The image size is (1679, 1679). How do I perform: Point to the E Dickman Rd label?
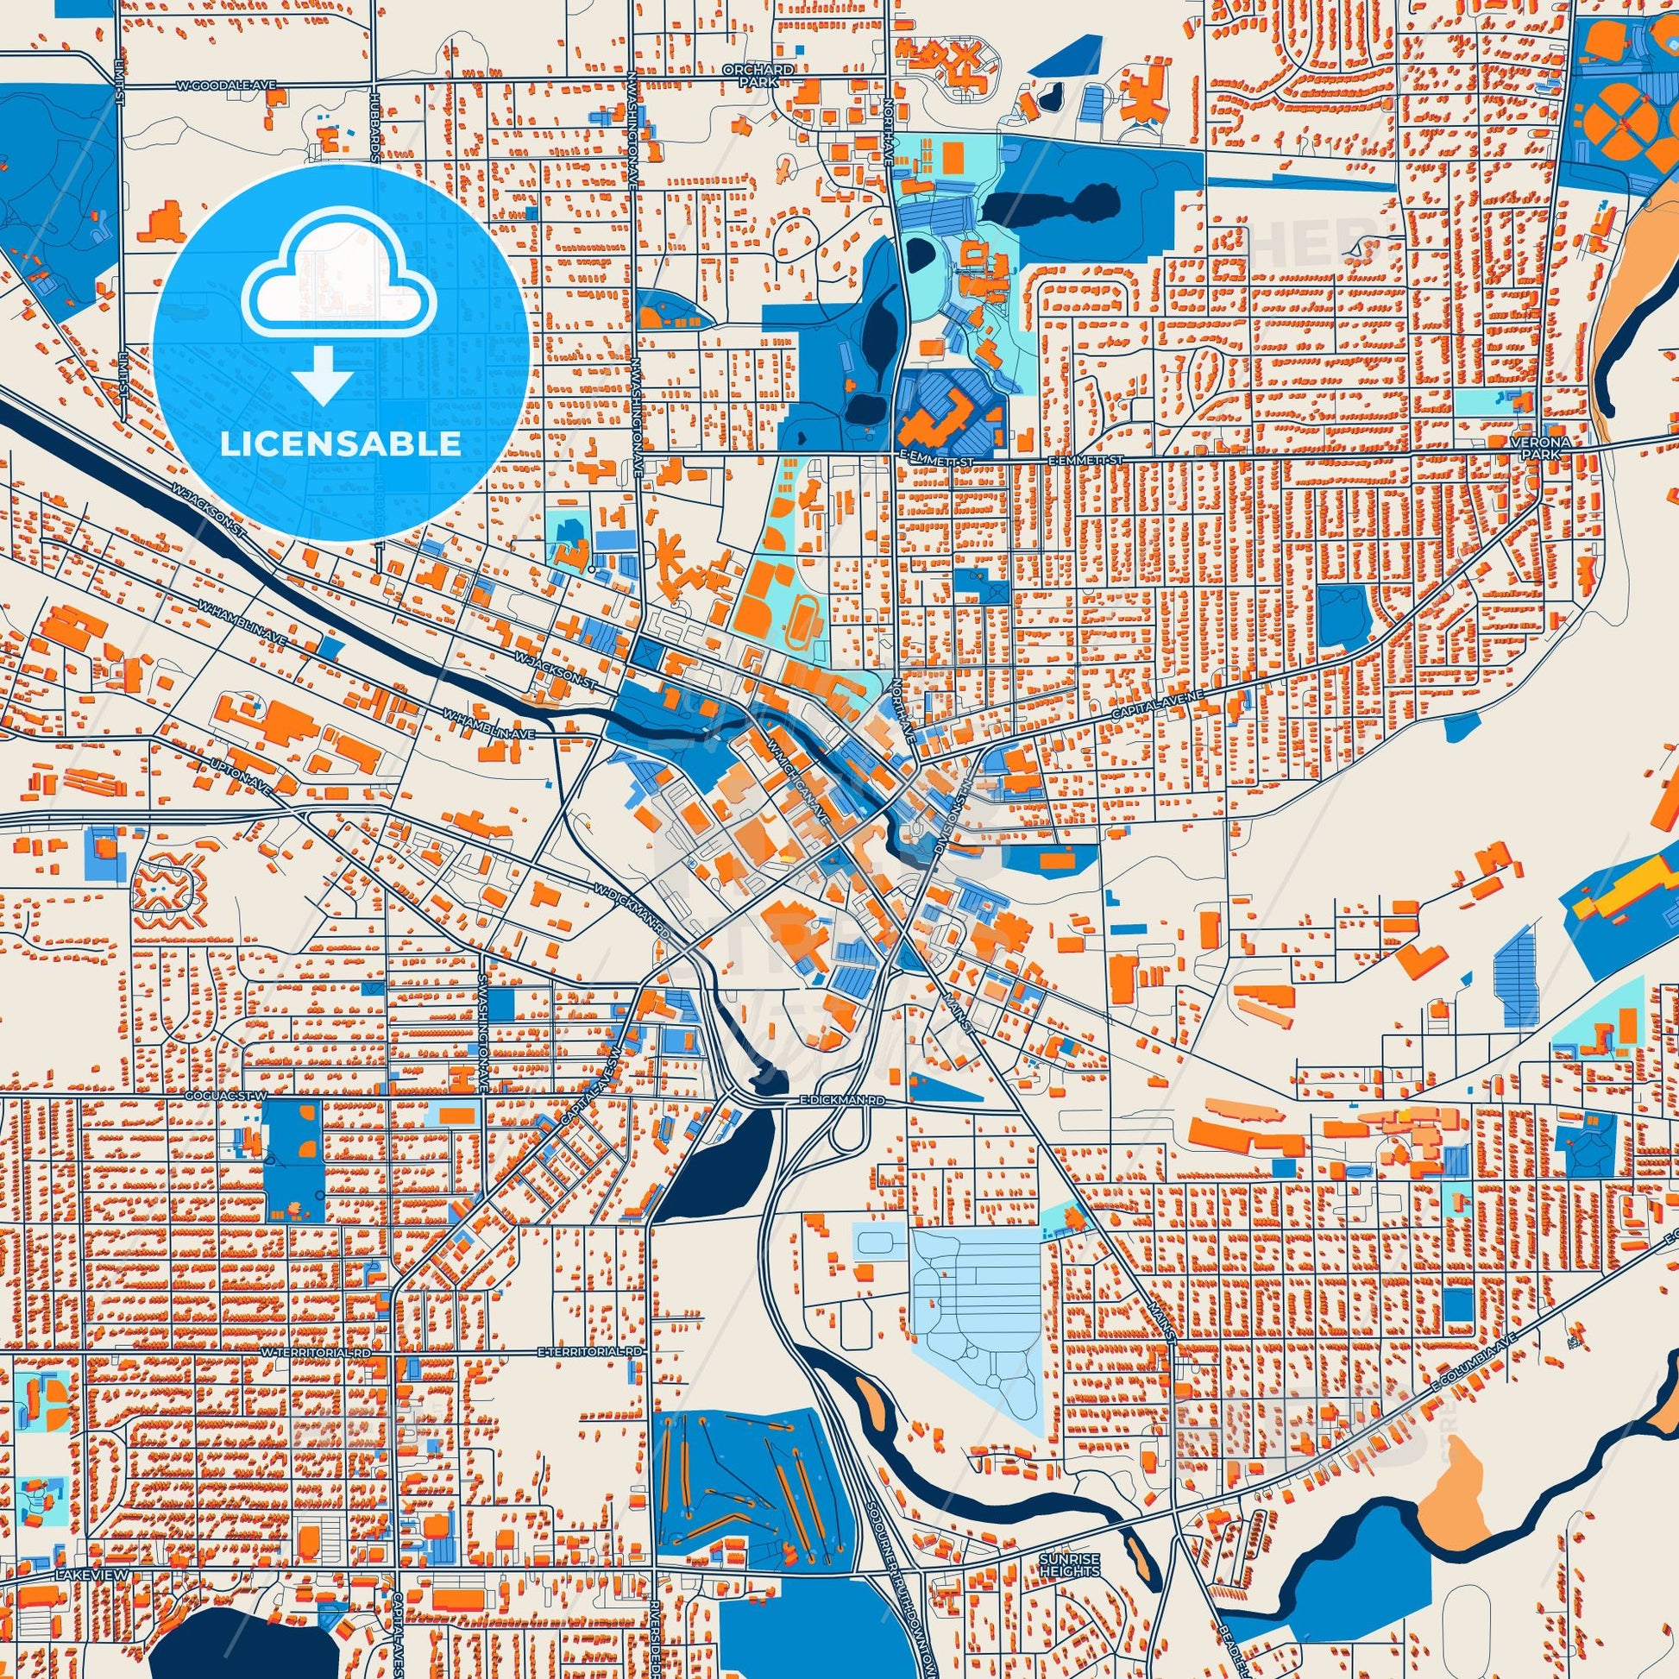[841, 1100]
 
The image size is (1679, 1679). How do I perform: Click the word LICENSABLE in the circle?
[340, 443]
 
